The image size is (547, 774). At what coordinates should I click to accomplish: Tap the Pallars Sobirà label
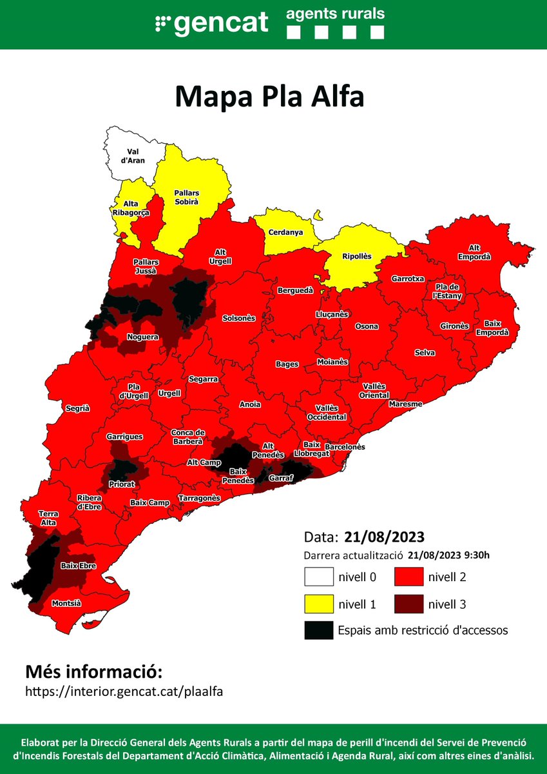click(187, 197)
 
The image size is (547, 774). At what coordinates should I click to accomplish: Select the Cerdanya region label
click(286, 232)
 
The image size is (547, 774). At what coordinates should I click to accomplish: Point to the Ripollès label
click(357, 256)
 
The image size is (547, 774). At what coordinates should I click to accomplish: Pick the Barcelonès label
click(345, 446)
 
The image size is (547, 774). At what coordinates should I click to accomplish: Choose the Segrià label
click(77, 408)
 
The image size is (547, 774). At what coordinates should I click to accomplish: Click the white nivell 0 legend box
click(319, 576)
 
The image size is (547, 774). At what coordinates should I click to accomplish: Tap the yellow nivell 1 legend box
click(319, 604)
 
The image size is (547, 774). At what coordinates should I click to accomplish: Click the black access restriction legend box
click(319, 630)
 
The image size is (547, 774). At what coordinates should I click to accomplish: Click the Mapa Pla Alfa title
click(270, 97)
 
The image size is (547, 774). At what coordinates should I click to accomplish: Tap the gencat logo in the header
click(212, 23)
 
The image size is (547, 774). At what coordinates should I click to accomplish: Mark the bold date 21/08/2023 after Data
click(384, 537)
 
